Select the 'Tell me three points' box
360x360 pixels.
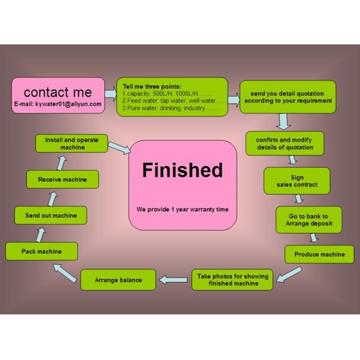(172, 97)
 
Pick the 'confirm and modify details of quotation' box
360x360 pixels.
(285, 143)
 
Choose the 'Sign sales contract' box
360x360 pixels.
(297, 181)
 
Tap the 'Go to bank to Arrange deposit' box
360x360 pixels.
(309, 220)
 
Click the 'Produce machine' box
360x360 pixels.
(319, 254)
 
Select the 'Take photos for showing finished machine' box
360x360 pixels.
(232, 280)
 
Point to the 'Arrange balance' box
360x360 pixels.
(118, 280)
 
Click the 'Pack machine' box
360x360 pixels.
(41, 251)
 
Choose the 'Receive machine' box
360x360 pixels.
(62, 179)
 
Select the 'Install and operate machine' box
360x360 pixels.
(72, 143)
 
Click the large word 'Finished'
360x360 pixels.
(182, 170)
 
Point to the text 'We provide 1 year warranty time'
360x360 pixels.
(182, 209)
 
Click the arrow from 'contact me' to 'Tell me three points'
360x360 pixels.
(110, 94)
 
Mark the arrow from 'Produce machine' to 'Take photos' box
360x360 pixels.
(290, 272)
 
